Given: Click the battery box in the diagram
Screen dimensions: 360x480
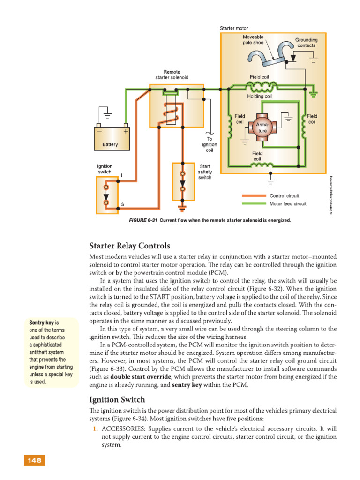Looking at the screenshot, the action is pyautogui.click(x=112, y=139).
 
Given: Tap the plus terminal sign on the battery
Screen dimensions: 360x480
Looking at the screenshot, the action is pyautogui.click(x=126, y=131).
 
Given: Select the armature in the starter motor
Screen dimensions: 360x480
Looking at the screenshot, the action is pyautogui.click(x=262, y=127).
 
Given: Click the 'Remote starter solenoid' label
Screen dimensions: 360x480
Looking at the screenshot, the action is pyautogui.click(x=172, y=75).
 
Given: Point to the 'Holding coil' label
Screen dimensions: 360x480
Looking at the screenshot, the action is pyautogui.click(x=259, y=96).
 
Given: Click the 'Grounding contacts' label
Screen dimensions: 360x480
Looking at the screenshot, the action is pyautogui.click(x=306, y=43).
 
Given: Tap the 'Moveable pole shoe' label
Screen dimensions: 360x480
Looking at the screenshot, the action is pyautogui.click(x=253, y=39).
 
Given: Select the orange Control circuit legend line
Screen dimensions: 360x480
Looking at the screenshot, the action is pyautogui.click(x=254, y=195).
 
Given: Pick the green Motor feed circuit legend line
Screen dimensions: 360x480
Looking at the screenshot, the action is pyautogui.click(x=254, y=203).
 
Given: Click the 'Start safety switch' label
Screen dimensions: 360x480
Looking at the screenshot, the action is pyautogui.click(x=205, y=172).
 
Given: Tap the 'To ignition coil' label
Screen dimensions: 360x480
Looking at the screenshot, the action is pyautogui.click(x=210, y=144).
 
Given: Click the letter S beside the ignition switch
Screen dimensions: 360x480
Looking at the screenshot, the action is pyautogui.click(x=122, y=204).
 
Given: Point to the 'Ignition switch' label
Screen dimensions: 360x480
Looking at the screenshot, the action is pyautogui.click(x=105, y=169).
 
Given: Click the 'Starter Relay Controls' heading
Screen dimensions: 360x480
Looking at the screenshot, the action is pyautogui.click(x=129, y=246).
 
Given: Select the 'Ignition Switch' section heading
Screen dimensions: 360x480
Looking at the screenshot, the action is pyautogui.click(x=117, y=399).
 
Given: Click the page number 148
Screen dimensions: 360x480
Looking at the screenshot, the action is pyautogui.click(x=34, y=460).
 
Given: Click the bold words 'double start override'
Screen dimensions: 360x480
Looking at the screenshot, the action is pyautogui.click(x=141, y=377).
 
